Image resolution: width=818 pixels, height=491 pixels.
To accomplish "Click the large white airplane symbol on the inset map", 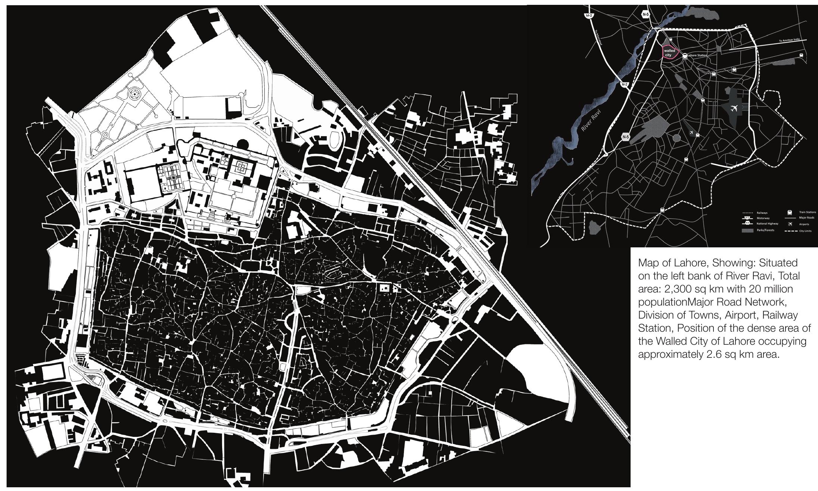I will [734, 109].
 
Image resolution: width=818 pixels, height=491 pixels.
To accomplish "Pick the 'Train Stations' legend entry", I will [808, 212].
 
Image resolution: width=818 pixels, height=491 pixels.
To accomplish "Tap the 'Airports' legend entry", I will [804, 224].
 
